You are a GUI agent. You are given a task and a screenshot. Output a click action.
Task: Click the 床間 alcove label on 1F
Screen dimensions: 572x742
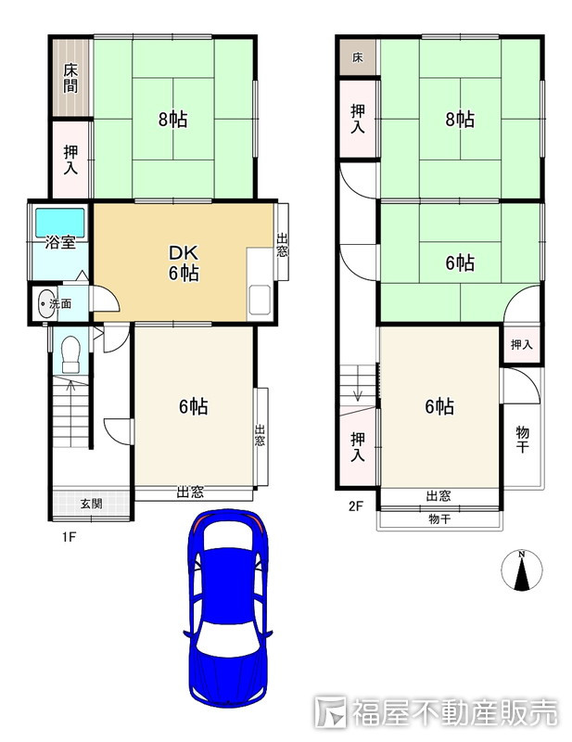(x=70, y=78)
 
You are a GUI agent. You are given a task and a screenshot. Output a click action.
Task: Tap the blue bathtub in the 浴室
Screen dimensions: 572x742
(x=60, y=223)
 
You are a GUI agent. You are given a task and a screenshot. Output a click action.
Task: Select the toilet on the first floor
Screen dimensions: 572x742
(x=71, y=353)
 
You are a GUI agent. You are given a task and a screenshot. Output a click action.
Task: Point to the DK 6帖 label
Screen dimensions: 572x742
(x=184, y=262)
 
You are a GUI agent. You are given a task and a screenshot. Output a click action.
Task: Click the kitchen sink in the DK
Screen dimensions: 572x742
(x=259, y=299)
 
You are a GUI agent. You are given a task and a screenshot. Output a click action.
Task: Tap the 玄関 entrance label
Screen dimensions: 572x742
(x=91, y=504)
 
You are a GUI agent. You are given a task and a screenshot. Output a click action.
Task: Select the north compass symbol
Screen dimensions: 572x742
(x=521, y=569)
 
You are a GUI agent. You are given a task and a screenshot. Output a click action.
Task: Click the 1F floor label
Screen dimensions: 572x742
(x=70, y=537)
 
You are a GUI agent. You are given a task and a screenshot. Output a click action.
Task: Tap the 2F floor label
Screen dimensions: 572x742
(x=356, y=505)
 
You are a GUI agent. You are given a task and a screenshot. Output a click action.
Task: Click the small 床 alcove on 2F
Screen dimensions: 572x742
(x=358, y=58)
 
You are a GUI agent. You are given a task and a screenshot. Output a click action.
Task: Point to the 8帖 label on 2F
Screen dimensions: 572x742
(x=460, y=119)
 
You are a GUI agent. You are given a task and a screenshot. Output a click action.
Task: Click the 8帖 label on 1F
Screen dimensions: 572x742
(x=172, y=119)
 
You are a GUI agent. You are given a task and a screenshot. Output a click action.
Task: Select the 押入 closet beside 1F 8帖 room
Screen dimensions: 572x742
(x=71, y=160)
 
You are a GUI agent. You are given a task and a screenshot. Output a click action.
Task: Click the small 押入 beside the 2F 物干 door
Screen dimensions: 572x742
(x=521, y=344)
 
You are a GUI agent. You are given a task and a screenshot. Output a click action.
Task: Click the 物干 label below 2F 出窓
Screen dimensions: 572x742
(x=439, y=518)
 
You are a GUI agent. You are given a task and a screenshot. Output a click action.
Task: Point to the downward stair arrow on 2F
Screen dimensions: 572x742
(x=358, y=383)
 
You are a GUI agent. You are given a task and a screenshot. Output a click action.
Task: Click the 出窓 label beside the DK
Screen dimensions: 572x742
(x=282, y=245)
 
